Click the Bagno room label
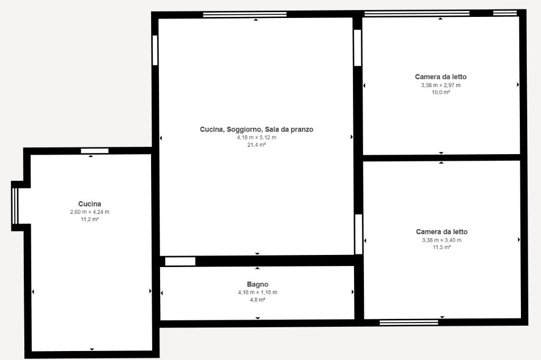257,285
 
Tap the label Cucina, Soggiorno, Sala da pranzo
257,129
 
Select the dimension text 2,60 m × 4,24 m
90,212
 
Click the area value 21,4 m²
257,145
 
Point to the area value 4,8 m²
257,300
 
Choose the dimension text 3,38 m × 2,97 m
441,85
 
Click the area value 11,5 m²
442,247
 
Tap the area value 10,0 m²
441,92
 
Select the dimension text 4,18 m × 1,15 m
257,292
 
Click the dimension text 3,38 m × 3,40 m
442,240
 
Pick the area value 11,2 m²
90,219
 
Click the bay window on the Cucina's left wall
14,206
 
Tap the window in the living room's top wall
245,14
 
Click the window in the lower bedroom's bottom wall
409,323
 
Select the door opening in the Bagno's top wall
180,261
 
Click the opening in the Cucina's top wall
95,150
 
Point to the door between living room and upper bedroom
358,48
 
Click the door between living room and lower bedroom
359,234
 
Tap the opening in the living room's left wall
155,50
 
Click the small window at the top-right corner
505,13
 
